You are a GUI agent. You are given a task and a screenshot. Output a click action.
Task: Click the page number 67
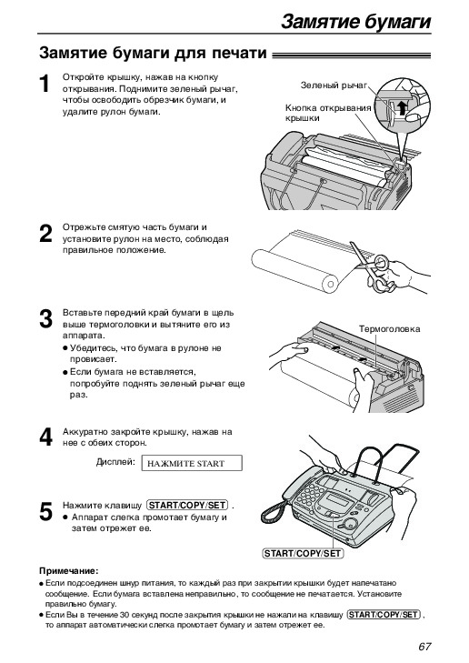pyautogui.click(x=424, y=647)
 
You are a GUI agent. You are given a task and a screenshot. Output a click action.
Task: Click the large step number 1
pyautogui.click(x=45, y=84)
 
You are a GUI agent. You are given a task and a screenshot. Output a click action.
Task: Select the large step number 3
pyautogui.click(x=45, y=318)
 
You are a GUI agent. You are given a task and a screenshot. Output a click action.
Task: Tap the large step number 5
pyautogui.click(x=45, y=512)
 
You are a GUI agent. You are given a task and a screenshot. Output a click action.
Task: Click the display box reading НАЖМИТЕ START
pyautogui.click(x=192, y=463)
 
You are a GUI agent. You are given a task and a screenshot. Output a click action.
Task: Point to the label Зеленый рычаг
pyautogui.click(x=334, y=85)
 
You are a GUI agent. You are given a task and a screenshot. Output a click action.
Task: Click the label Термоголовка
pyautogui.click(x=390, y=328)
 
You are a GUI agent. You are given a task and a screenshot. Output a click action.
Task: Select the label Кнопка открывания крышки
pyautogui.click(x=328, y=113)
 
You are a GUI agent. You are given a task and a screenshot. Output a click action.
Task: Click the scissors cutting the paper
pyautogui.click(x=374, y=267)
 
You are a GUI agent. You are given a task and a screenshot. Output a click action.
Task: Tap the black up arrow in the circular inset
pyautogui.click(x=402, y=107)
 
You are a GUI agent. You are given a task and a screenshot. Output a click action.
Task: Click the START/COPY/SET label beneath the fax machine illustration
pyautogui.click(x=303, y=554)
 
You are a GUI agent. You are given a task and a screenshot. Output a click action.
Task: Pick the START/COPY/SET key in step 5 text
pyautogui.click(x=187, y=505)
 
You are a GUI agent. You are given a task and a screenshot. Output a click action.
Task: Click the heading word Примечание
pyautogui.click(x=68, y=571)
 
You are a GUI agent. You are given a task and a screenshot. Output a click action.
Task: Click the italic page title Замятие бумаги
pyautogui.click(x=355, y=21)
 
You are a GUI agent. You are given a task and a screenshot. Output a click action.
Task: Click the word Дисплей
pyautogui.click(x=115, y=462)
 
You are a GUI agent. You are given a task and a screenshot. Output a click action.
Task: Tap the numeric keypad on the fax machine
pyautogui.click(x=307, y=496)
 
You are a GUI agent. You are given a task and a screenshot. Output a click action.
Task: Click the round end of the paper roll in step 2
pyautogui.click(x=331, y=284)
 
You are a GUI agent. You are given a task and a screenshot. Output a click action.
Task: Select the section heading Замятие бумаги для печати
pyautogui.click(x=153, y=54)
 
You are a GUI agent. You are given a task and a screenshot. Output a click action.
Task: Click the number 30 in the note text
pyautogui.click(x=124, y=615)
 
